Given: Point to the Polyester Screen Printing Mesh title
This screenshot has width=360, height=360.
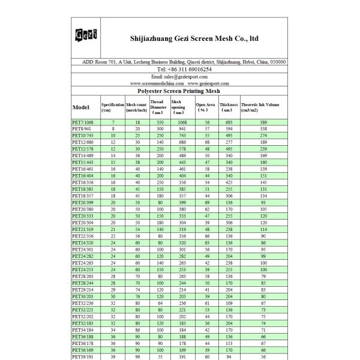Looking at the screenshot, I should point(179,91).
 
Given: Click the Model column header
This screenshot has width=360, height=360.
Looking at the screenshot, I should point(81,107).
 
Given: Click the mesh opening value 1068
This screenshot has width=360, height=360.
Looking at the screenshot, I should point(182,122).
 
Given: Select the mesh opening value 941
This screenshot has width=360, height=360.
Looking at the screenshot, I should point(182,129).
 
